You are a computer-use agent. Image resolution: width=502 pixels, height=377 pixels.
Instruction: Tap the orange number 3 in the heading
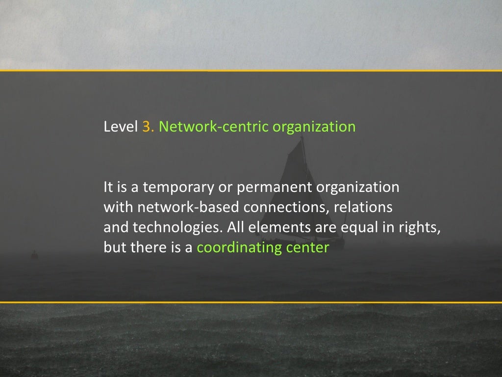click(147, 127)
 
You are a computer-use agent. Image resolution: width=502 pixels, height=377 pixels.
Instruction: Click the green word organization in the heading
click(314, 127)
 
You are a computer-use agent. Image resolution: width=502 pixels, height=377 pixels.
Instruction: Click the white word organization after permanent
click(358, 188)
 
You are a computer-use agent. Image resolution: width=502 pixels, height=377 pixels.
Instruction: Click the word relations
click(363, 207)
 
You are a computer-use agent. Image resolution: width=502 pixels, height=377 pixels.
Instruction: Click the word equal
click(339, 228)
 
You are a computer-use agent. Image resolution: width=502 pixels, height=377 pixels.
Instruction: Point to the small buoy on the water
click(34, 254)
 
